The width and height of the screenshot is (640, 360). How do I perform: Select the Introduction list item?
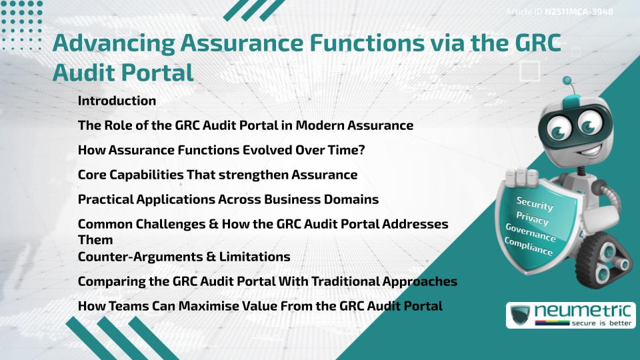[x=117, y=101]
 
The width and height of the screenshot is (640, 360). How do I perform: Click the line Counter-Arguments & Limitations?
[x=184, y=257]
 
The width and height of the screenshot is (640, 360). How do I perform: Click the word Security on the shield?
[x=535, y=203]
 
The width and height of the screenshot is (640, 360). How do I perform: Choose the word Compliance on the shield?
[x=529, y=247]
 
